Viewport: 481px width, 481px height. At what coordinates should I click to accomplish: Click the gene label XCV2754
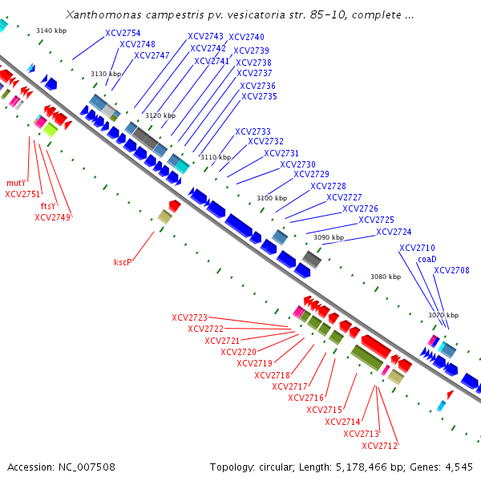point(123,33)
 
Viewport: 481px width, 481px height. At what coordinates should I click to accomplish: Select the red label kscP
point(123,262)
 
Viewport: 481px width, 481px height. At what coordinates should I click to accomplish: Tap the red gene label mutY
point(16,183)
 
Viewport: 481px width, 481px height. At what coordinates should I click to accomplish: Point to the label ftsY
point(48,206)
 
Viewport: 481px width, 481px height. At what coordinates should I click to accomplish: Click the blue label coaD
point(427,259)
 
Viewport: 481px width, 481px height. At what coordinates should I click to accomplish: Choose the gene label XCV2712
point(379,446)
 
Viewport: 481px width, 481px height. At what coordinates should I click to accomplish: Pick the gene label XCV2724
point(394,232)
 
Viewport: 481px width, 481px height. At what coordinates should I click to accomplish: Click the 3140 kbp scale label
point(51,30)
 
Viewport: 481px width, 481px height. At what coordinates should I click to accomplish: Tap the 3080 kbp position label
point(386,277)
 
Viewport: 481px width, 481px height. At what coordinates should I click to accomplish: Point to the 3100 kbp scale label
point(272,198)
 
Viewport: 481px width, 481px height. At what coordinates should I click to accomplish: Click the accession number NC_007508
point(87,467)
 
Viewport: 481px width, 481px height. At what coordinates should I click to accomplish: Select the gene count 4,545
point(459,467)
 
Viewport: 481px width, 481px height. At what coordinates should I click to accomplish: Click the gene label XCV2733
point(253,131)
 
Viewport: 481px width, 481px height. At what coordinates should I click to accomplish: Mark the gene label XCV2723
point(189,317)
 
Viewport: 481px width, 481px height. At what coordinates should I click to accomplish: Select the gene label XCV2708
point(451,270)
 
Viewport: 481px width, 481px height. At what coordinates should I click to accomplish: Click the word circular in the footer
point(275,467)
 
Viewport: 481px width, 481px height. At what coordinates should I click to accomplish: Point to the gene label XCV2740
point(246,37)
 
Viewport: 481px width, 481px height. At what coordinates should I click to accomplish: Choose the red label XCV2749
point(52,217)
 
